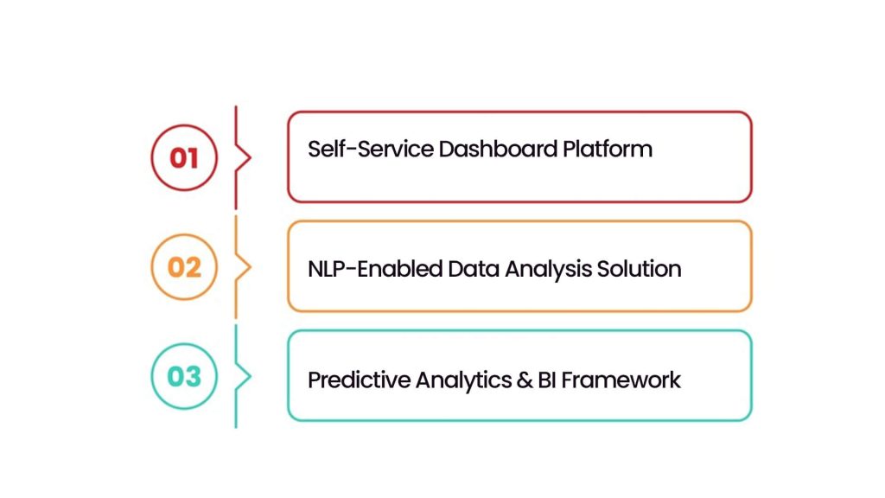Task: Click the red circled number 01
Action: click(x=183, y=157)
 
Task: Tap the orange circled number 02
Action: click(x=183, y=267)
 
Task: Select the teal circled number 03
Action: click(x=183, y=377)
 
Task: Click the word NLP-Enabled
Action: click(x=375, y=268)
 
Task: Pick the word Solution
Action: click(x=640, y=268)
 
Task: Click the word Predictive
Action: click(x=359, y=379)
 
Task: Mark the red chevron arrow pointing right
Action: click(x=245, y=157)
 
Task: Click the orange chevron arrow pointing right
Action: click(x=245, y=267)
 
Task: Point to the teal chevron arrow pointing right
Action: click(x=245, y=377)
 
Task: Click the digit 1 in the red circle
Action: click(x=193, y=157)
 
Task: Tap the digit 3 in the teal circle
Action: click(x=193, y=377)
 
